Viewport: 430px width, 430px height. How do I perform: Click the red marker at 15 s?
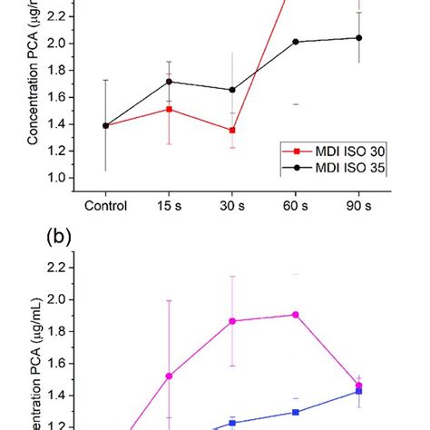[168, 109]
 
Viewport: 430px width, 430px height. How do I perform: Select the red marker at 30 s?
[232, 130]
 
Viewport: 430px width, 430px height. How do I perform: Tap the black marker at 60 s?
[295, 42]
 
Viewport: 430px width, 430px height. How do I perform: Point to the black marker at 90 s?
[358, 38]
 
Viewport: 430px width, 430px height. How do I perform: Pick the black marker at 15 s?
[168, 82]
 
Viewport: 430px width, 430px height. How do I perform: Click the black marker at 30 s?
[232, 90]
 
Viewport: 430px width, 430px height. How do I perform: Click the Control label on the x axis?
[105, 206]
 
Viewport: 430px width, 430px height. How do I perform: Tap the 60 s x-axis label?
[295, 206]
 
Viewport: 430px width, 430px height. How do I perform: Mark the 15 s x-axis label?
[168, 206]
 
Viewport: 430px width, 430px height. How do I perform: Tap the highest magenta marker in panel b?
[295, 315]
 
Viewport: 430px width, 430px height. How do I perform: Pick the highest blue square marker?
[358, 391]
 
